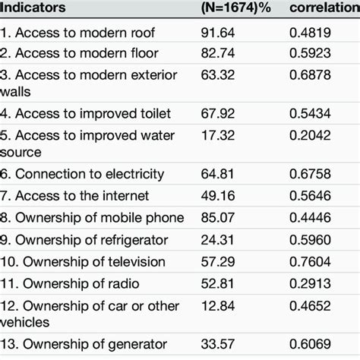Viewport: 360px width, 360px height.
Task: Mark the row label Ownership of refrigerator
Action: (x=92, y=239)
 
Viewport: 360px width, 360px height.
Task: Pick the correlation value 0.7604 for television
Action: (x=315, y=261)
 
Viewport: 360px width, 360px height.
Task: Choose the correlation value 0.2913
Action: (x=315, y=283)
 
